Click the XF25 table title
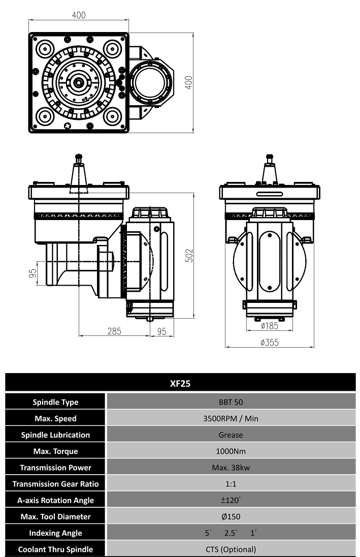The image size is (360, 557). [180, 384]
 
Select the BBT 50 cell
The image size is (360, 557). [231, 402]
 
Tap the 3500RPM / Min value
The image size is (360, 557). [231, 418]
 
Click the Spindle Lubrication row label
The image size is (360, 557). [55, 435]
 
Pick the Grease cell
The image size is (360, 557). [231, 435]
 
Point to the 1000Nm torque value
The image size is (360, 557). [231, 451]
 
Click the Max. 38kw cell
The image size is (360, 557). [231, 468]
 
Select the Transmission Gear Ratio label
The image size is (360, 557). [55, 484]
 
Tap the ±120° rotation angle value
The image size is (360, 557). [231, 500]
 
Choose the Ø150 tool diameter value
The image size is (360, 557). [231, 516]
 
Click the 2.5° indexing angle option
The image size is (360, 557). [231, 533]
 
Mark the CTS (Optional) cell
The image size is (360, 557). [231, 549]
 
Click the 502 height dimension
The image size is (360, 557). [190, 256]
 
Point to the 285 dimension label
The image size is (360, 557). [114, 331]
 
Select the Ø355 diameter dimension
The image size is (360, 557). [270, 343]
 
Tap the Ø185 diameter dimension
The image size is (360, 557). [270, 325]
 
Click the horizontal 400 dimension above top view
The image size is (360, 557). [79, 15]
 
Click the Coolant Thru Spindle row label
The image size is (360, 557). [55, 549]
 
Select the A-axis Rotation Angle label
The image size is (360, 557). [55, 500]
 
